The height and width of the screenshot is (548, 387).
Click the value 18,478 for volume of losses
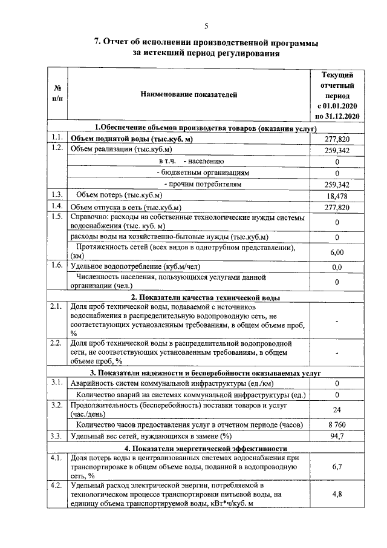click(x=337, y=197)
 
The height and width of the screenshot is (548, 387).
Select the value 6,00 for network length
click(x=337, y=253)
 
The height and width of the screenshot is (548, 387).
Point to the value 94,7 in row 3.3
click(x=337, y=437)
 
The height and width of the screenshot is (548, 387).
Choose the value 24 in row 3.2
click(x=337, y=409)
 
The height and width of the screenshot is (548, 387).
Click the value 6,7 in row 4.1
click(x=337, y=467)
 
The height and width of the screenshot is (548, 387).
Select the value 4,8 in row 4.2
click(x=337, y=494)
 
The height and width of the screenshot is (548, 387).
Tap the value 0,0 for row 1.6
click(x=337, y=267)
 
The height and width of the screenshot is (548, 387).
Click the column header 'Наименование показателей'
click(x=189, y=94)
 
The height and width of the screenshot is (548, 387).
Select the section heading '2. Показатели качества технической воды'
click(x=205, y=297)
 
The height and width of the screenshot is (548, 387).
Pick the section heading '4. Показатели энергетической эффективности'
click(x=205, y=448)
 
